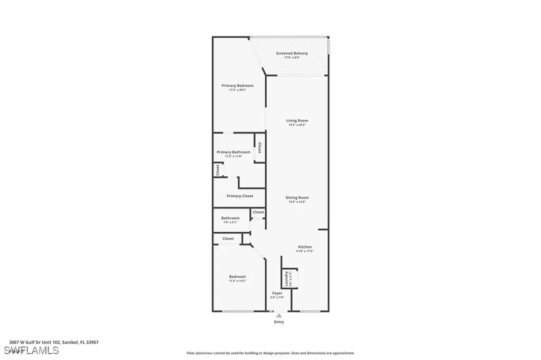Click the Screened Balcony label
coord(292,53)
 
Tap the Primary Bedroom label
coord(237,86)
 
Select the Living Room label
coord(297,120)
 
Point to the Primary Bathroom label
coord(234,152)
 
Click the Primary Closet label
coord(240,196)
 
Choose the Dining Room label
coord(297,197)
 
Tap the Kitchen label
coord(305,247)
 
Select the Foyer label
coord(277,293)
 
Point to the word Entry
coord(279,322)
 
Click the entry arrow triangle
coord(279,316)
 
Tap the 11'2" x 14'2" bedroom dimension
coord(237,281)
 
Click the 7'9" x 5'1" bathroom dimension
coord(230,222)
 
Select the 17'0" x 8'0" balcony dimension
coord(292,58)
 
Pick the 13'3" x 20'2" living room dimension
coord(297,125)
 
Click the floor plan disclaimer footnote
coord(270,353)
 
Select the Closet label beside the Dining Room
coord(258,212)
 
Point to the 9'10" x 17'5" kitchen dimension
coord(305,251)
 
